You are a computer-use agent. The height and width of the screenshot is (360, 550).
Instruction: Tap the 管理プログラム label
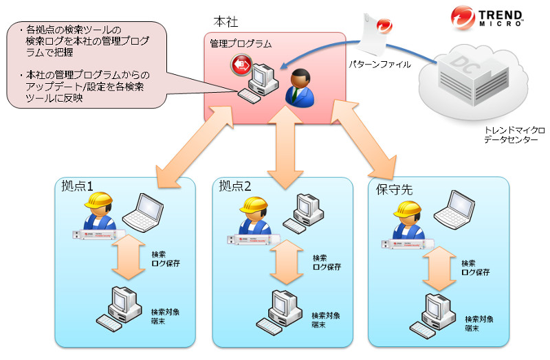(x=241, y=43)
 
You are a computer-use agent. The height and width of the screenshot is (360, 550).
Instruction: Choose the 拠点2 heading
(x=235, y=186)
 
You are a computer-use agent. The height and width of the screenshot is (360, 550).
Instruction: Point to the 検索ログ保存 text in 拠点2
(x=327, y=261)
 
